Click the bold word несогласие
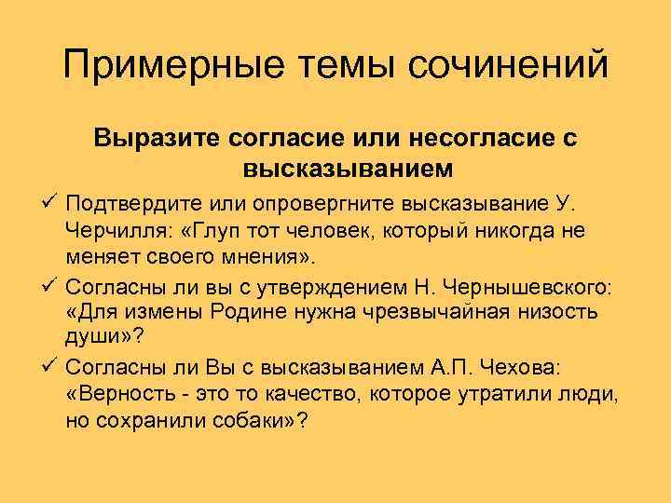481,139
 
